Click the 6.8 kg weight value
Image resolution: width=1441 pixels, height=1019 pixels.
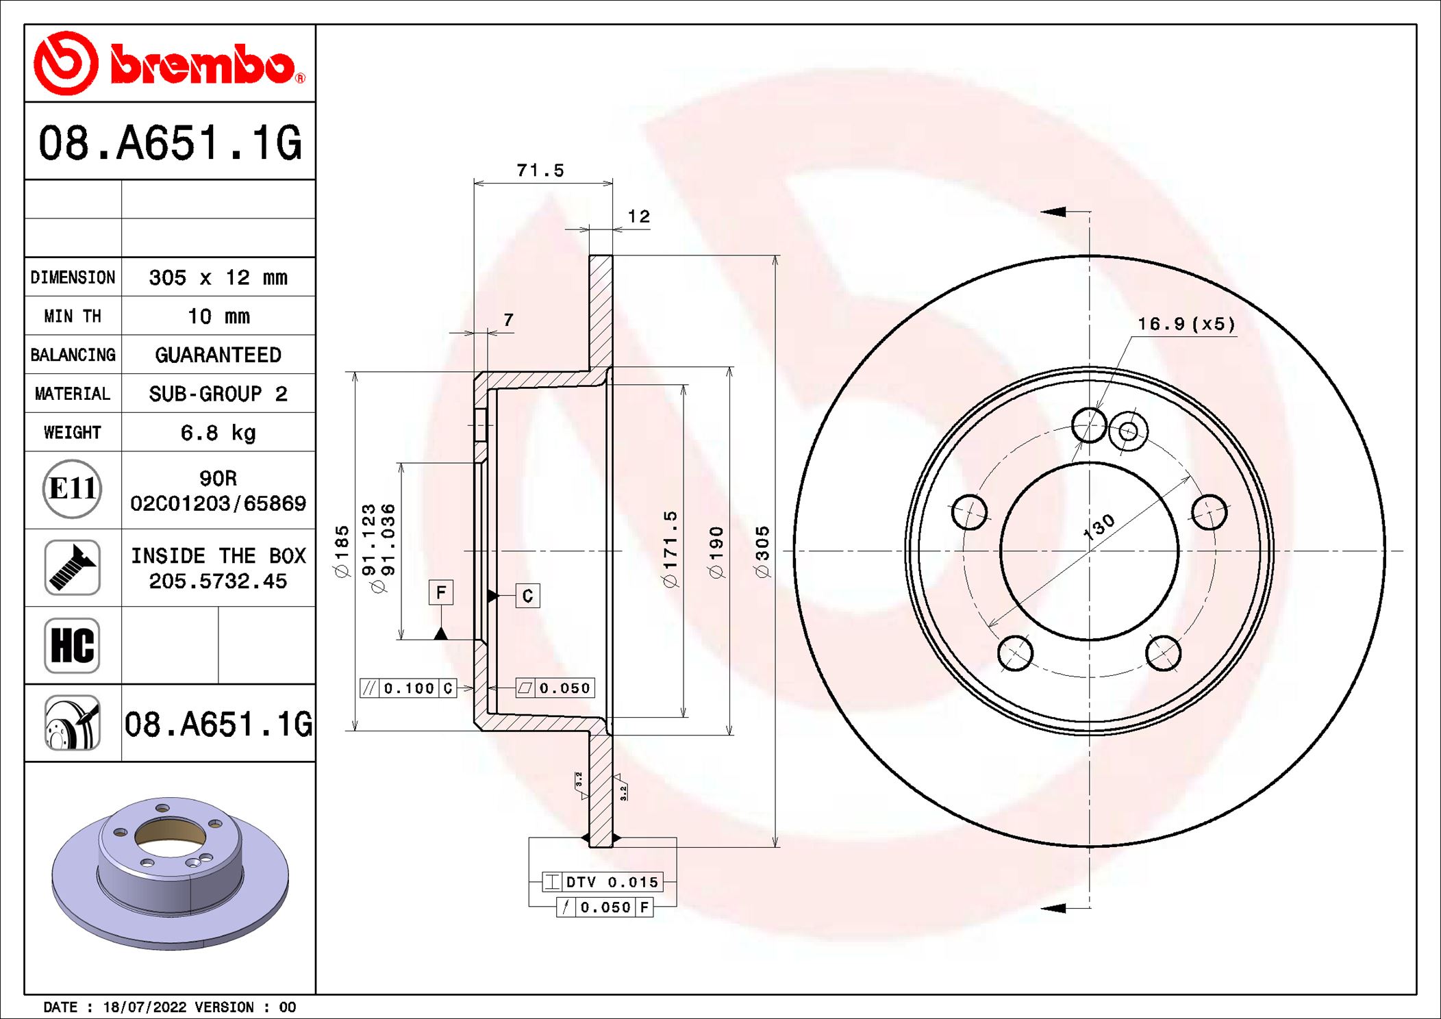[x=218, y=433]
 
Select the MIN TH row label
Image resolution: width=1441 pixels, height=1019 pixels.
[x=73, y=316]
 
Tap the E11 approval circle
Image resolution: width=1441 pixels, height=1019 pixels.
[x=72, y=489]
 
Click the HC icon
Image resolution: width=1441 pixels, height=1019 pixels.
[x=72, y=645]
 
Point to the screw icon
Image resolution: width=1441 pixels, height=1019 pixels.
[x=72, y=567]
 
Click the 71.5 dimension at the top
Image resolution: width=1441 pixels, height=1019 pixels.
[x=540, y=171]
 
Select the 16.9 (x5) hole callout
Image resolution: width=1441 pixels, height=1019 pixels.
[x=1186, y=324]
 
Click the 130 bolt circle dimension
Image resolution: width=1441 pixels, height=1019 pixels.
[x=1099, y=527]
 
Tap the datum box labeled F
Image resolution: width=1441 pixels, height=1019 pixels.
[x=441, y=592]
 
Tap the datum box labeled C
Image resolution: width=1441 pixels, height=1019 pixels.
[x=527, y=596]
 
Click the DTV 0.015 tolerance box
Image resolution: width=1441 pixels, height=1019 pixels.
[x=603, y=882]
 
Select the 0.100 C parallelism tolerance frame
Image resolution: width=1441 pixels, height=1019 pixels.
[x=408, y=688]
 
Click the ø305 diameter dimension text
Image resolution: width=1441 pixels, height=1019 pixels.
[x=762, y=552]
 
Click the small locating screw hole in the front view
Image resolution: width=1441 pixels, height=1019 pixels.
[x=1128, y=431]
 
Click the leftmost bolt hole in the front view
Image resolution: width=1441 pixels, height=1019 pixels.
[x=969, y=512]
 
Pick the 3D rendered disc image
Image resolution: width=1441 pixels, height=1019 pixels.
[x=170, y=873]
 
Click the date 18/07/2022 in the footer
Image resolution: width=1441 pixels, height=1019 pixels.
[x=145, y=1007]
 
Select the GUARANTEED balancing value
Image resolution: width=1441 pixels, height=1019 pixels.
[x=218, y=355]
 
